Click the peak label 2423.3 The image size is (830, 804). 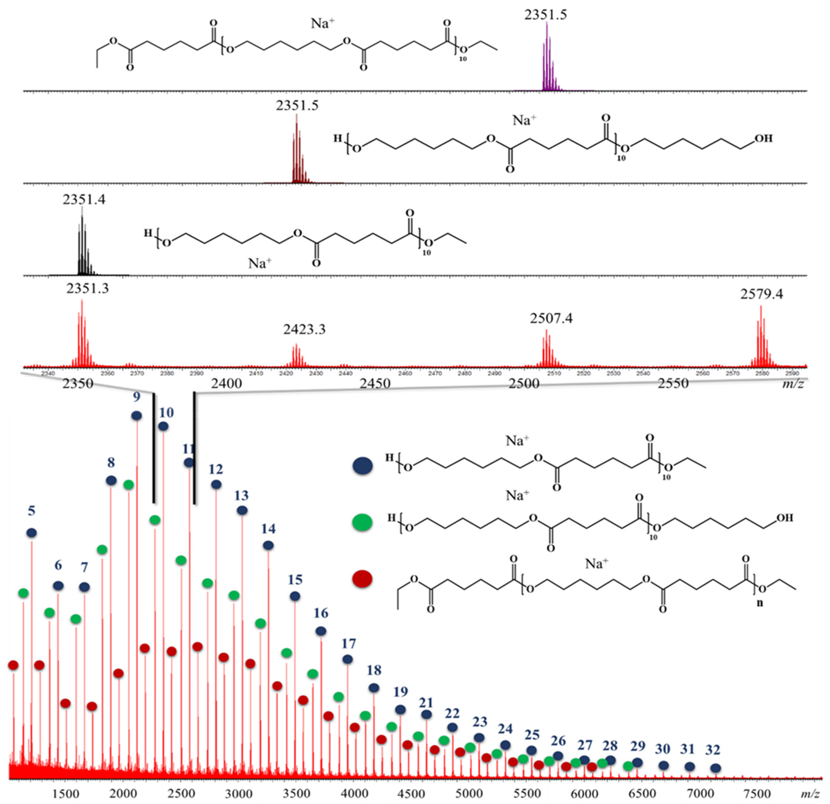click(x=305, y=329)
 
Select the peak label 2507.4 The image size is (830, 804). click(x=551, y=318)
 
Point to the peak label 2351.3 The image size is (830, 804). click(x=87, y=289)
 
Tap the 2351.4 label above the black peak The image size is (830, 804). click(x=84, y=199)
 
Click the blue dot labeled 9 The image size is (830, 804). click(x=136, y=416)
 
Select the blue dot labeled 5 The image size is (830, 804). click(x=32, y=533)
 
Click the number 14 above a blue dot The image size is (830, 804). click(x=268, y=528)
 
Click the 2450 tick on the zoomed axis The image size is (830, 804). click(x=375, y=383)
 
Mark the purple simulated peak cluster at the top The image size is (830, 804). click(x=548, y=59)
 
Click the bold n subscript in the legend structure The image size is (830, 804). click(x=759, y=603)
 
